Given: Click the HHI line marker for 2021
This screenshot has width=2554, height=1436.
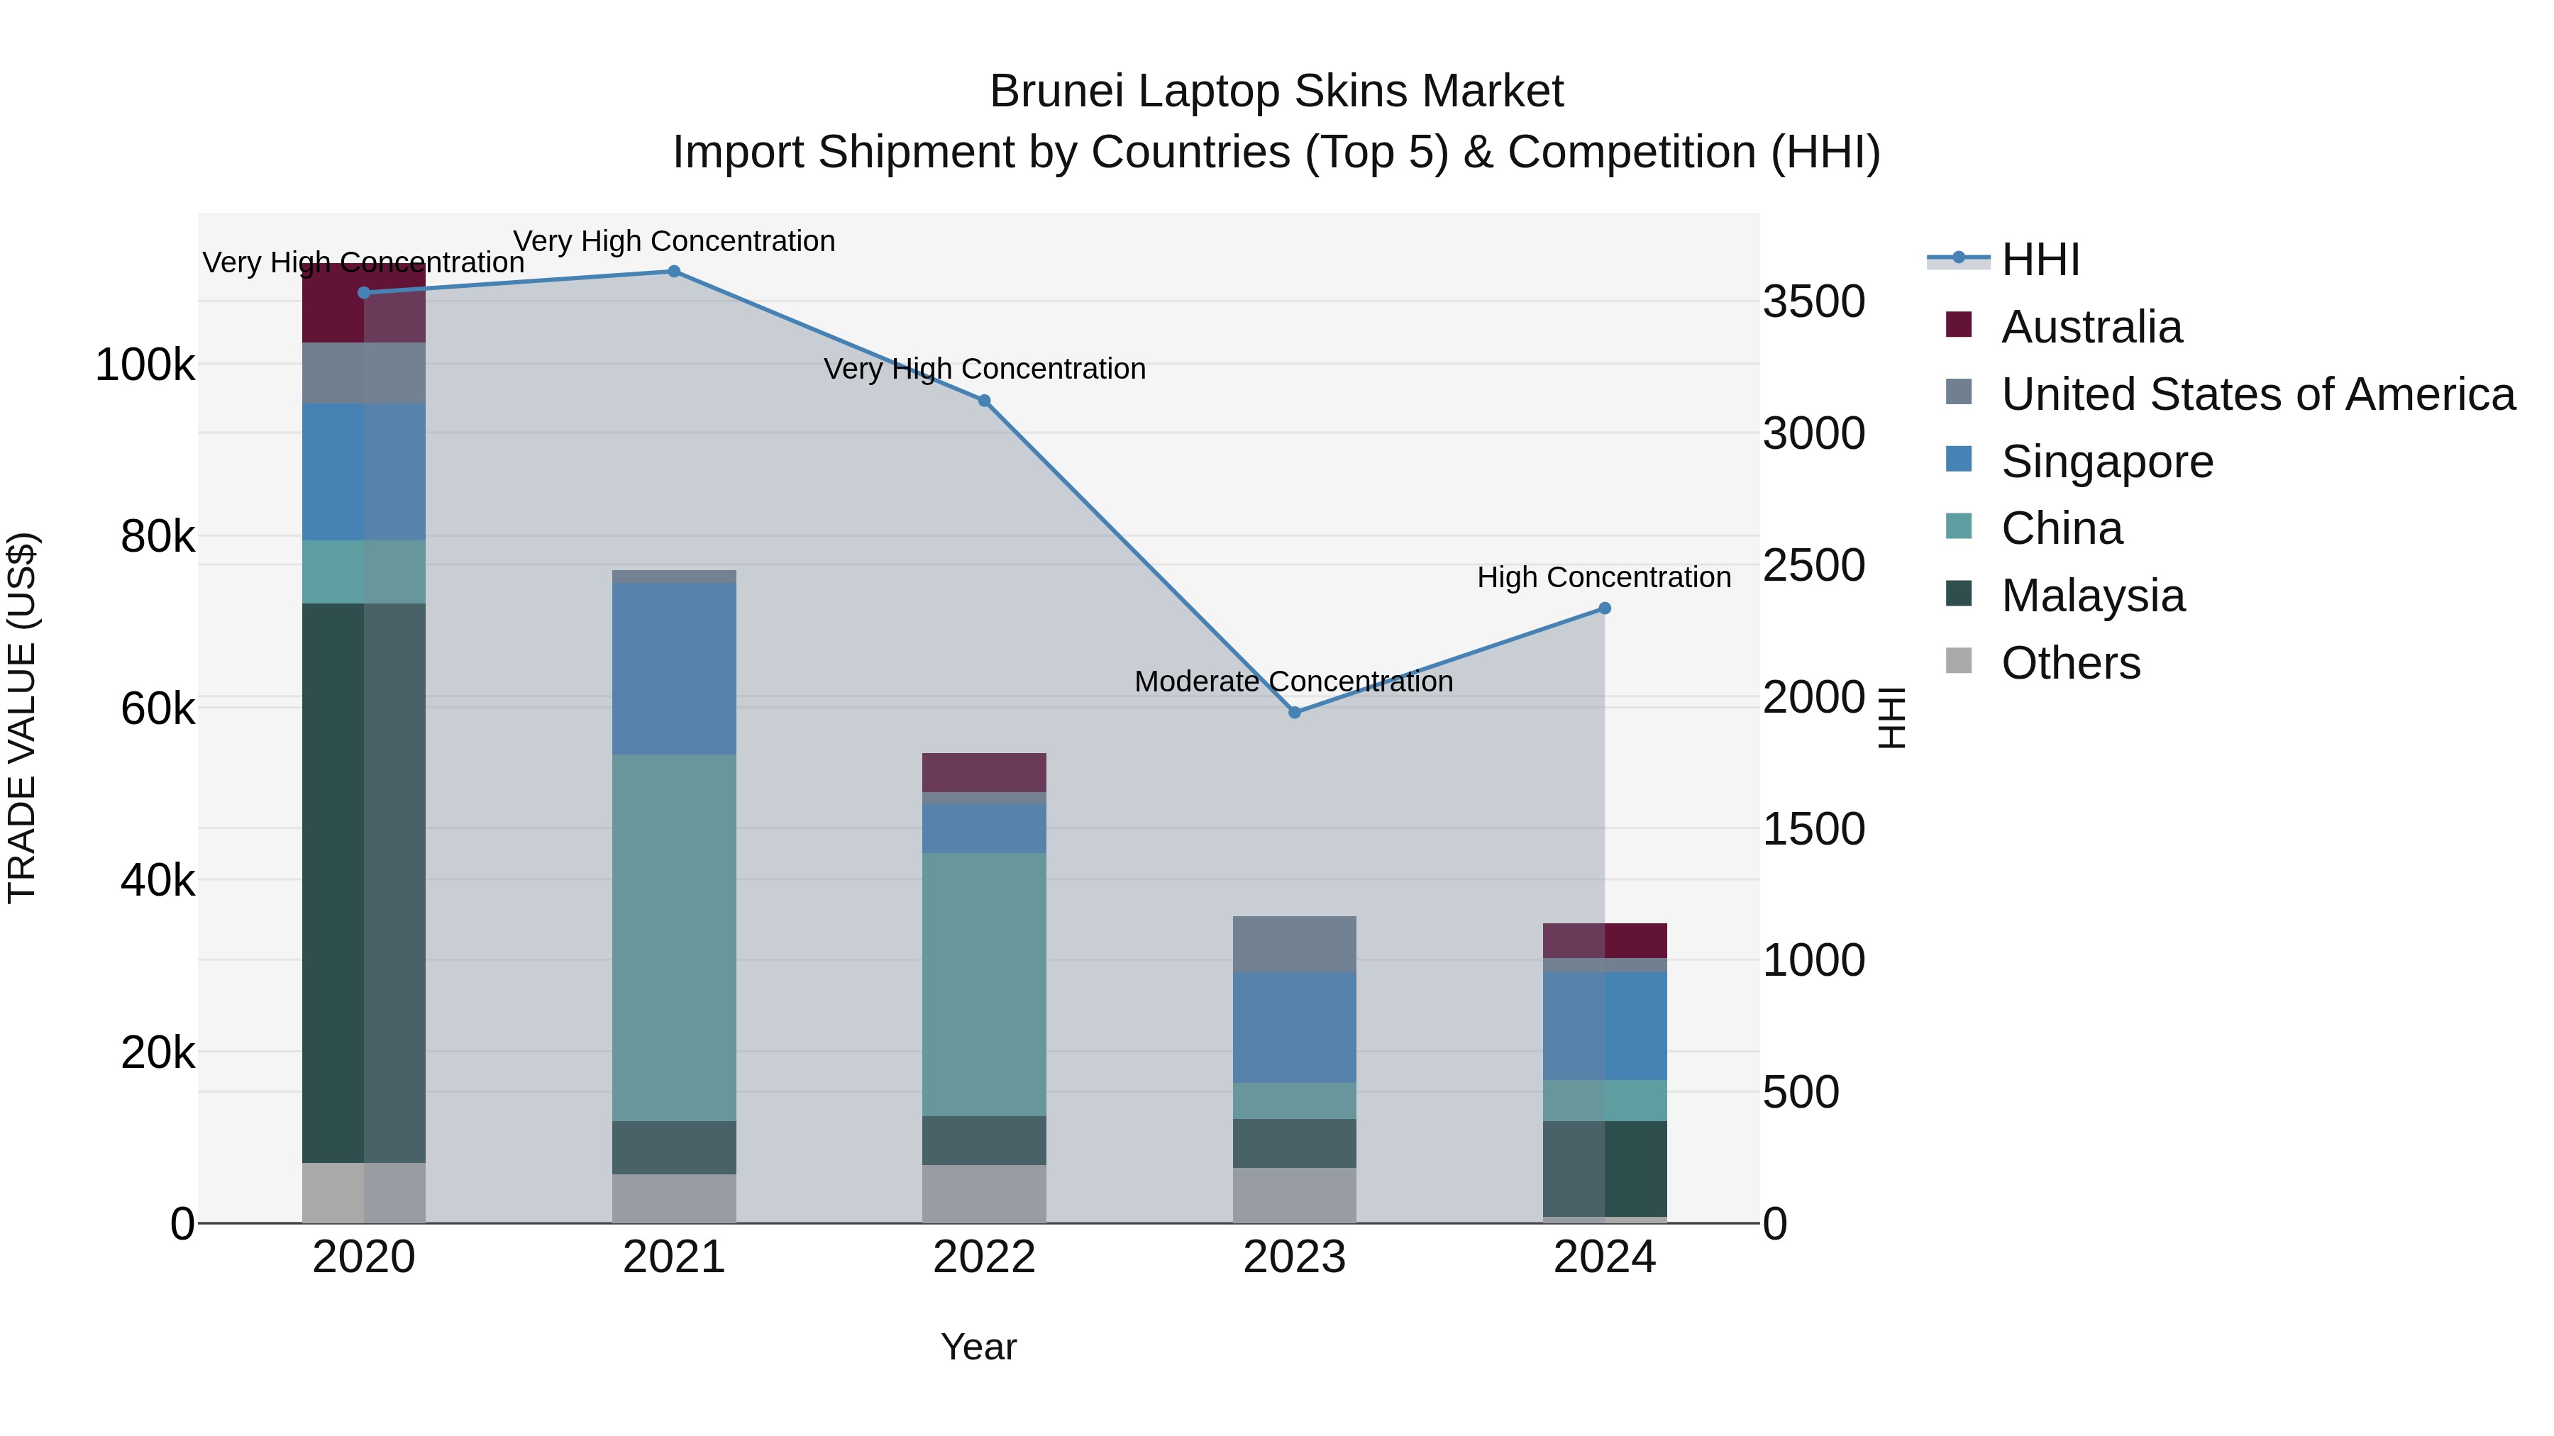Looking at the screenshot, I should [673, 272].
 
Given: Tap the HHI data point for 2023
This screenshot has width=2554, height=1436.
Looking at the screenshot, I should [1294, 713].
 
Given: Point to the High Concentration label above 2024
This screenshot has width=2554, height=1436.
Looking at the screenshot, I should [1603, 578].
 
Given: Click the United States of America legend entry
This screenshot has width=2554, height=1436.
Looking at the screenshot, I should [2257, 394].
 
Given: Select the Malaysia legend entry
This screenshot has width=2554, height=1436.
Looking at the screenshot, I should [2092, 596].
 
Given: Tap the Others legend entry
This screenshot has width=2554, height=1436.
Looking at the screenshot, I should [2070, 663].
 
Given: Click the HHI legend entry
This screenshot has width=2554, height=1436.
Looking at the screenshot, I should [2040, 260].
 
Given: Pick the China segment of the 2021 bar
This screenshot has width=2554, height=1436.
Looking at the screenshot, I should [673, 937].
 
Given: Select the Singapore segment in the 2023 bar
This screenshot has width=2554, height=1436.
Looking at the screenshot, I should [1294, 1027].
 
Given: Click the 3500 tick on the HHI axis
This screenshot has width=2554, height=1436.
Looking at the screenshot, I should [1813, 301].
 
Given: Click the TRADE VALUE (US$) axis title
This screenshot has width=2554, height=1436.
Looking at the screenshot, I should [22, 718].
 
